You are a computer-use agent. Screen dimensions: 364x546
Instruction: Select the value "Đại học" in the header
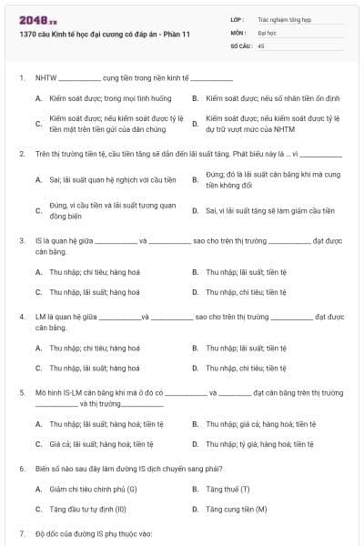(x=267, y=31)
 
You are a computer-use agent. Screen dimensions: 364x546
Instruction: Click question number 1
(x=21, y=78)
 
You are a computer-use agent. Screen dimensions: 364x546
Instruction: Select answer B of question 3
(x=247, y=271)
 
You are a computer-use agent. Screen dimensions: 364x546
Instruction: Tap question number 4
(x=21, y=317)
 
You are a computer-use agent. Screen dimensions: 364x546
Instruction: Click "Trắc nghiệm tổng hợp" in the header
(x=284, y=18)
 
